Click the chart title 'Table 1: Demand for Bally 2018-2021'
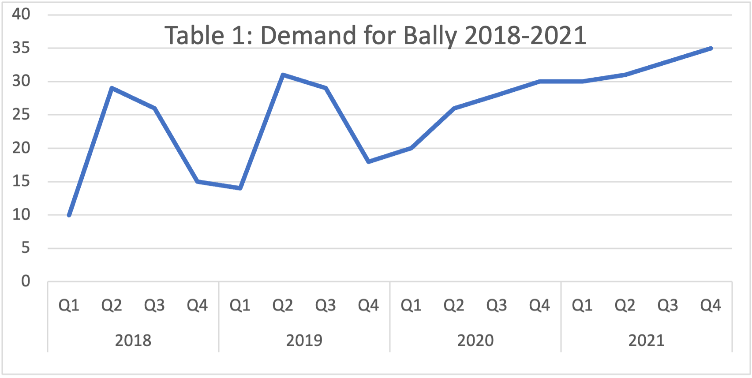[x=375, y=35]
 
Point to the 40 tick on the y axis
[x=21, y=14]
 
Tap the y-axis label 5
[x=26, y=248]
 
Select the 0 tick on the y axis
[x=26, y=281]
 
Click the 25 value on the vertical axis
[x=21, y=115]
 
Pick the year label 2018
[x=133, y=341]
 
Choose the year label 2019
[x=304, y=341]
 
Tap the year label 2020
[x=475, y=341]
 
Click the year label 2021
[x=646, y=341]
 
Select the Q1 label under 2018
[x=69, y=305]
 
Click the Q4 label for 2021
[x=711, y=305]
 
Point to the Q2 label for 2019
[x=283, y=305]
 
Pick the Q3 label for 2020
[x=497, y=305]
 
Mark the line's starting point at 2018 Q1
[x=69, y=215]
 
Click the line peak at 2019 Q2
[x=283, y=75]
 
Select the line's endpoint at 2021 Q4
[x=711, y=48]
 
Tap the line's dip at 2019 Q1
[x=240, y=188]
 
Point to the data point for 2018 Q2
[x=112, y=88]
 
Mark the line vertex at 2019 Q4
[x=368, y=161]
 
